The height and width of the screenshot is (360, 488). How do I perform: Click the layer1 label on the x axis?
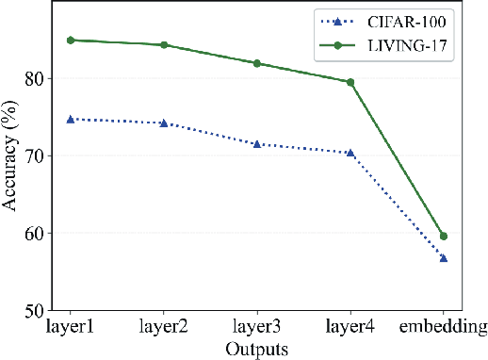pyautogui.click(x=71, y=327)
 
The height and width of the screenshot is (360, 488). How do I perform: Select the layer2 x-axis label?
pyautogui.click(x=163, y=327)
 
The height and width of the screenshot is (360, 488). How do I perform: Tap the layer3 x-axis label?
pyautogui.click(x=256, y=327)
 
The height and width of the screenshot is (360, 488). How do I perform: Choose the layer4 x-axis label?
pyautogui.click(x=350, y=327)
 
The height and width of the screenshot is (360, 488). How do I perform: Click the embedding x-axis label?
pyautogui.click(x=442, y=327)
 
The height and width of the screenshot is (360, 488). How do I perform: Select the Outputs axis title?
pyautogui.click(x=256, y=348)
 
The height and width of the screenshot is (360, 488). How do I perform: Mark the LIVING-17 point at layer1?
pyautogui.click(x=71, y=41)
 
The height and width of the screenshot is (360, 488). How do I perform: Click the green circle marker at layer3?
pyautogui.click(x=256, y=63)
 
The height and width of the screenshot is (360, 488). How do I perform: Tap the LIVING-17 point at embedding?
pyautogui.click(x=443, y=236)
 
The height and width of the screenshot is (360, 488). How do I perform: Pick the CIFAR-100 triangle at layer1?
pyautogui.click(x=71, y=119)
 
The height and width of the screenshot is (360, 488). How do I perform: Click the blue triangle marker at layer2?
pyautogui.click(x=164, y=123)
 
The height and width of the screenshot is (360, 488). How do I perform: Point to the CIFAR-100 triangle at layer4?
pyautogui.click(x=350, y=153)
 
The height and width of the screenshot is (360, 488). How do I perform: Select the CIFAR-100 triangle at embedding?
pyautogui.click(x=443, y=257)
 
